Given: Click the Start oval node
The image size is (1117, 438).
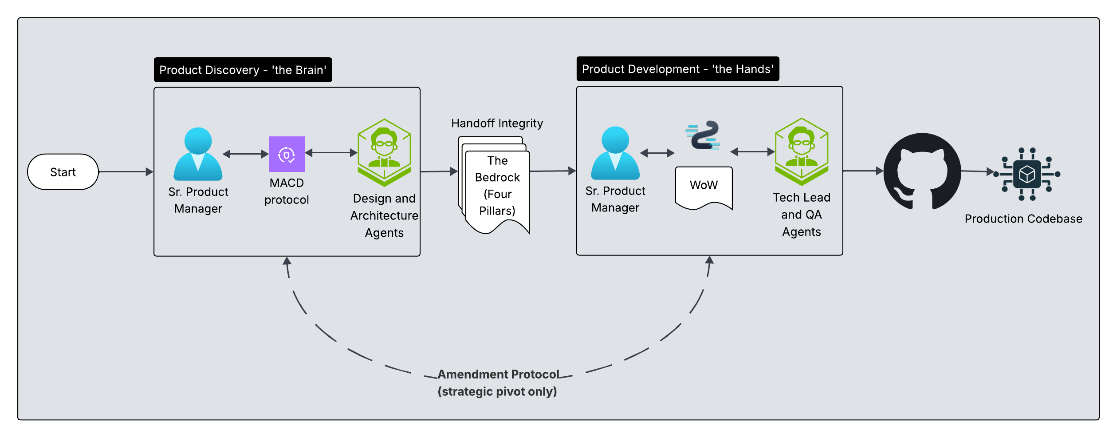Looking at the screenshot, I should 63,172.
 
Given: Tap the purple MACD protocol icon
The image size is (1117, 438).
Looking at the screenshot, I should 287,154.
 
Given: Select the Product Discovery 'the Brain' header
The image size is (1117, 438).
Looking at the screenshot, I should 243,70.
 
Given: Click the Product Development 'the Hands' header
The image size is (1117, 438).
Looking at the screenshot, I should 677,69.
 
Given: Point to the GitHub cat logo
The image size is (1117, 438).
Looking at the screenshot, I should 922,171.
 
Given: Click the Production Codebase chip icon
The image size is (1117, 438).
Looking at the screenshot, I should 1027,174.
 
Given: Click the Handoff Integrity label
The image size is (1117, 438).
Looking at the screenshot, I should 497,123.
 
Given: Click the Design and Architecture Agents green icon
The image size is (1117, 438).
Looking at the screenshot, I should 384,152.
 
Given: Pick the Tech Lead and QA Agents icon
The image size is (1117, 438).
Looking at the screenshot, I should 801,151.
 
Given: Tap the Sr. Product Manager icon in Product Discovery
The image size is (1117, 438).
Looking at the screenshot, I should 198,154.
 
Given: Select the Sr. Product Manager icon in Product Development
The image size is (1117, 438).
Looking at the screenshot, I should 615,153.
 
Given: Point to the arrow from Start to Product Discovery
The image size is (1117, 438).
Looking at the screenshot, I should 126,172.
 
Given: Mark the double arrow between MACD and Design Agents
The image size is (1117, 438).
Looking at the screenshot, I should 331,153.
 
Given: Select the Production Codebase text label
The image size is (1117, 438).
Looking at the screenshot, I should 1023,219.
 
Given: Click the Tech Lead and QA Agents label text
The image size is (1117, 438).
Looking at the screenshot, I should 801,215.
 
